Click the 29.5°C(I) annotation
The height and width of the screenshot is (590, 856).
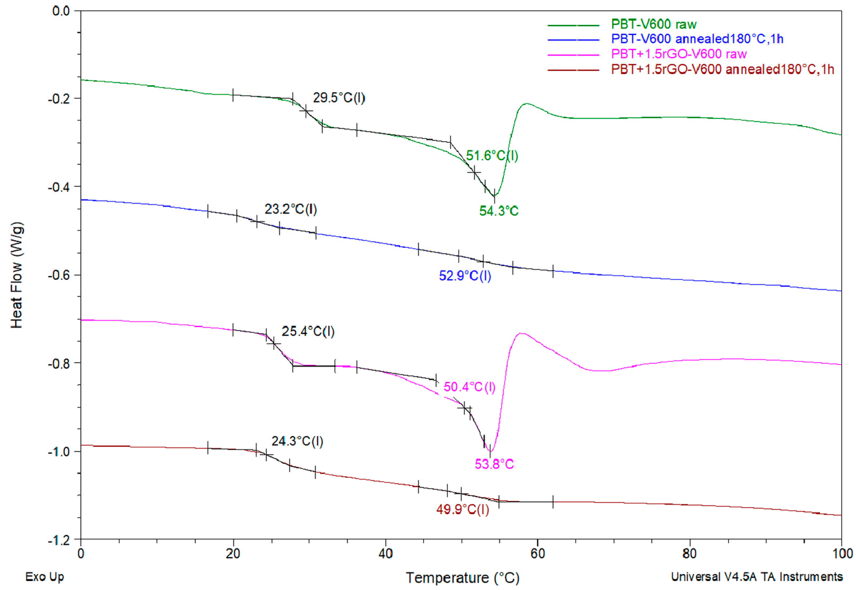(x=339, y=98)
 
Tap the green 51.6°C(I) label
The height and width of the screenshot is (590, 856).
(x=492, y=156)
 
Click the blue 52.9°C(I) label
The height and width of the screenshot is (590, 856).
(x=465, y=276)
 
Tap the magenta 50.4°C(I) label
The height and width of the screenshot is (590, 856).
(x=469, y=387)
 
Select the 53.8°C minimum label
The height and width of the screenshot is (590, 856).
(x=494, y=464)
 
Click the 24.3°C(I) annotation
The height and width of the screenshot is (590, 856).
(x=297, y=441)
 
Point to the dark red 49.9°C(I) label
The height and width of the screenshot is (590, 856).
(x=462, y=510)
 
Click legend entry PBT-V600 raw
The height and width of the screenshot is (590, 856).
(x=653, y=24)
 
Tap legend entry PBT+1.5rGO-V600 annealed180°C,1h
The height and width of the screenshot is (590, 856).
(x=722, y=69)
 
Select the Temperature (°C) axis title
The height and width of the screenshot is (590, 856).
(x=462, y=578)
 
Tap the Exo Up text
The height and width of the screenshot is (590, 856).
(x=45, y=577)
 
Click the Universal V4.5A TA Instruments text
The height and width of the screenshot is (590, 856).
(x=757, y=577)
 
